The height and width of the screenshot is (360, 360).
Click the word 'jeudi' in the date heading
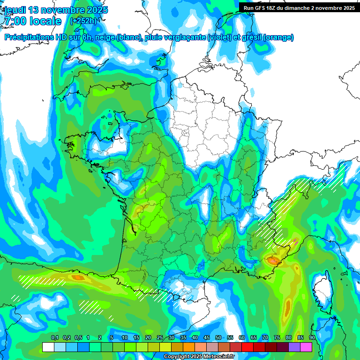click(16, 10)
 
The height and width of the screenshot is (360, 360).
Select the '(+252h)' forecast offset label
click(83, 21)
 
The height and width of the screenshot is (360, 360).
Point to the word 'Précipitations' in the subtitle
click(31, 37)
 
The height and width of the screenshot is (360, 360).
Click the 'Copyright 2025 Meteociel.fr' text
click(199, 357)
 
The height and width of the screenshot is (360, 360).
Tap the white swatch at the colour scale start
click(48, 347)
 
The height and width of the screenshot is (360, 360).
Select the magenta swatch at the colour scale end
click(306, 347)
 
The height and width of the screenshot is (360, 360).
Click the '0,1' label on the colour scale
click(55, 338)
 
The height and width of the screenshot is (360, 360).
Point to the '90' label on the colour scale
click(312, 338)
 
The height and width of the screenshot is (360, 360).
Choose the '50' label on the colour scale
click(218, 338)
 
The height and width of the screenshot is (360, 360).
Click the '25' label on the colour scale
click(160, 338)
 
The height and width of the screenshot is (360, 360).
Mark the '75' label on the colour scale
click(277, 338)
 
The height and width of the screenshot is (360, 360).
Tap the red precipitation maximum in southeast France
click(272, 259)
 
